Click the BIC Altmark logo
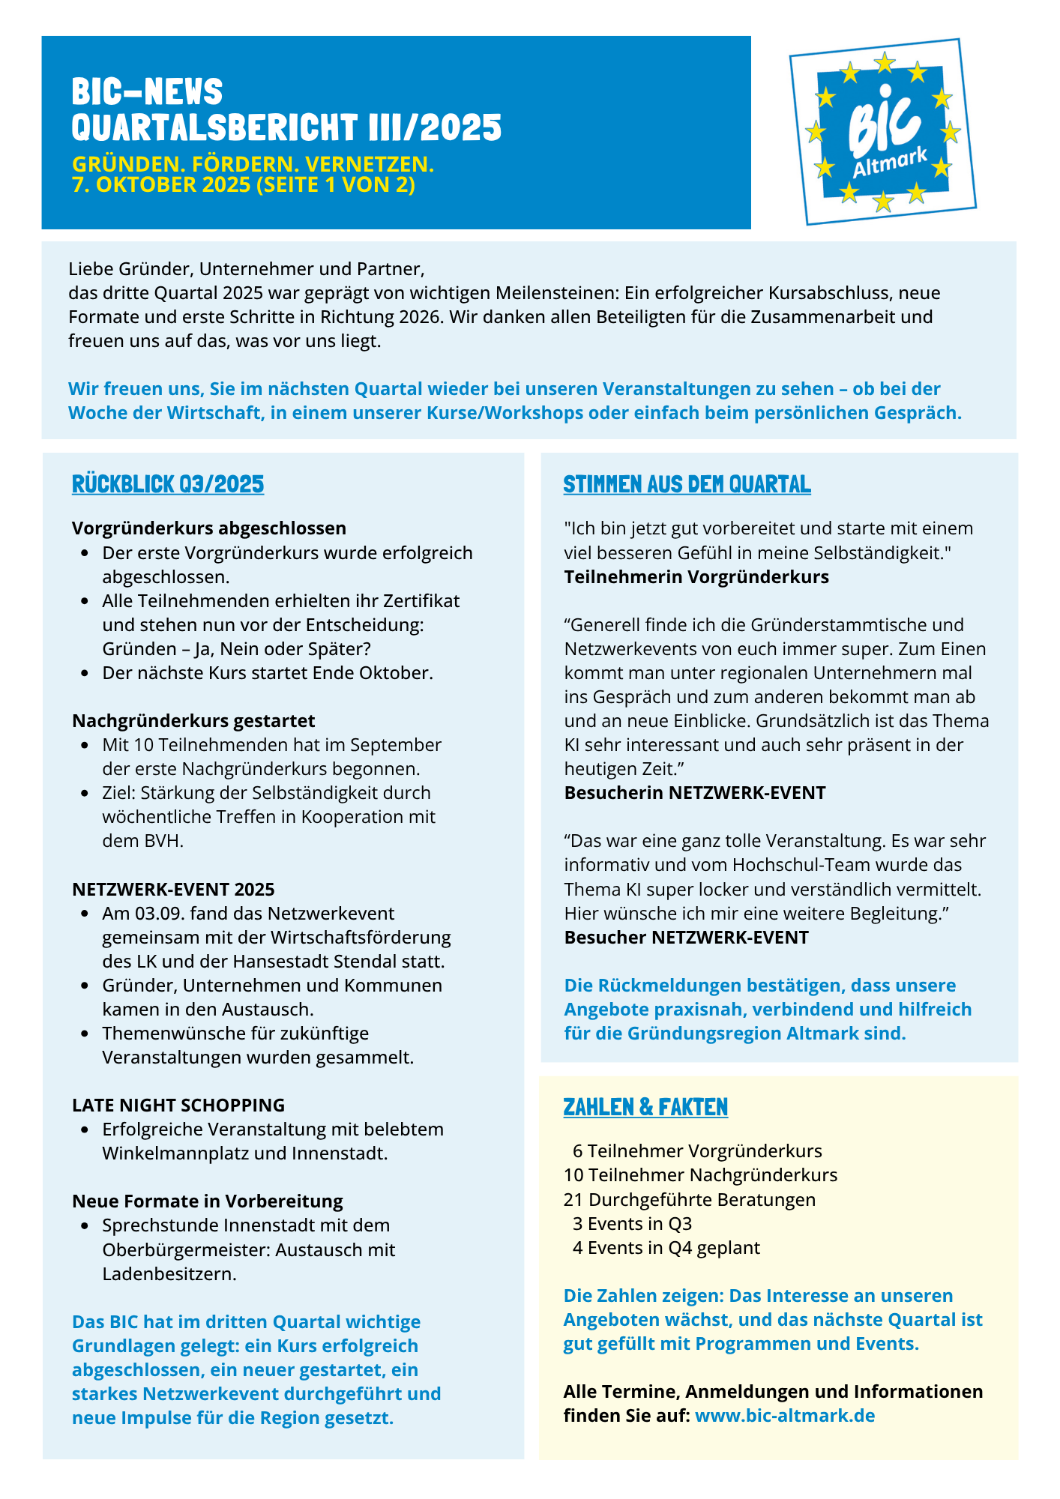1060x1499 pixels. click(883, 132)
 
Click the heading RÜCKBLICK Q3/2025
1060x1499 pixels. click(168, 484)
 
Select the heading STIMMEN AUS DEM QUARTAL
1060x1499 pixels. click(687, 484)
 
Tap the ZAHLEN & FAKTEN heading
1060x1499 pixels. click(645, 1107)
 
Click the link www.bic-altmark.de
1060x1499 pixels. click(785, 1415)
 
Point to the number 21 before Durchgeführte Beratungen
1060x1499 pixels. click(573, 1199)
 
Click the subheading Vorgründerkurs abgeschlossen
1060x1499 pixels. click(209, 528)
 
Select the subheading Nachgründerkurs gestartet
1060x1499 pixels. click(193, 720)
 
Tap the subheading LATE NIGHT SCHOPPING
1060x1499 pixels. click(178, 1105)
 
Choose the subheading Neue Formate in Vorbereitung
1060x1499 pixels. click(208, 1201)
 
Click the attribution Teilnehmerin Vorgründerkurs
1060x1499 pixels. click(696, 576)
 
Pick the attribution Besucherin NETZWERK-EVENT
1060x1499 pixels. click(695, 792)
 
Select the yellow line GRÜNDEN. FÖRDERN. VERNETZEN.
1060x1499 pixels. click(253, 164)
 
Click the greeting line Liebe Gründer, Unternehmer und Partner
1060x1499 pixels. click(247, 268)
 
